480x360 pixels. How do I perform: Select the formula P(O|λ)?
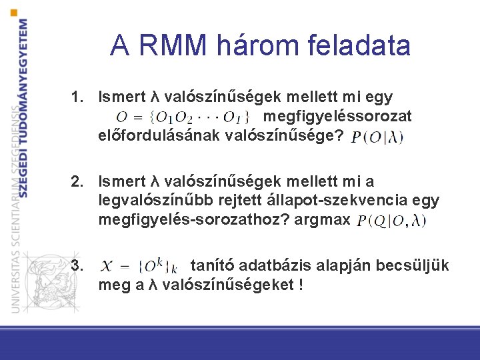[x=377, y=138]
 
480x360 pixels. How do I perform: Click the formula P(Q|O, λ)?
[x=391, y=221]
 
